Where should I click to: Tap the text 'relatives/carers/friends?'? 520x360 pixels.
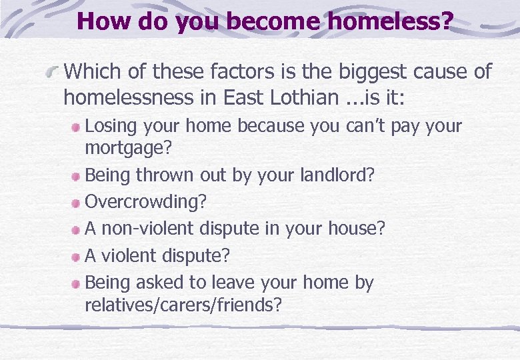[183, 305]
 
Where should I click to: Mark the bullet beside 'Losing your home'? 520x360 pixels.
[77, 127]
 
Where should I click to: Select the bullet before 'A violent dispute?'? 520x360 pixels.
[77, 256]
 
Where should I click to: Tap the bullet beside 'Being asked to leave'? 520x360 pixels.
[77, 283]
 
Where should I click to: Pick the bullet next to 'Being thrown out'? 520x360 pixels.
[77, 176]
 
